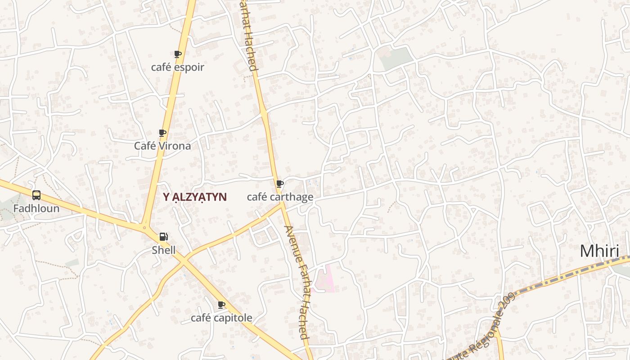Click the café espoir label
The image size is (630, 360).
click(x=177, y=67)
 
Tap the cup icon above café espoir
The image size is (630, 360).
click(x=177, y=54)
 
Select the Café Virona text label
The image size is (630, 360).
click(x=162, y=146)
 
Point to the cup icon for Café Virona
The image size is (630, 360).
click(x=162, y=133)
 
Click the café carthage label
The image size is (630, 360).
click(x=280, y=197)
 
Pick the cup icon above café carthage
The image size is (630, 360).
click(x=279, y=184)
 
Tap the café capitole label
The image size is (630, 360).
click(x=221, y=318)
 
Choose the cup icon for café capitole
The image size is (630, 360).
click(x=221, y=305)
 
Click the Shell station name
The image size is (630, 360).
click(x=163, y=250)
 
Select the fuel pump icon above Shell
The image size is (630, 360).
click(x=163, y=237)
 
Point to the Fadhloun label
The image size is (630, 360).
click(x=36, y=209)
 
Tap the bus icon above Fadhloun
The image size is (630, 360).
click(x=36, y=195)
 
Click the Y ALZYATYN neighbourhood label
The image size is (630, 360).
click(x=194, y=197)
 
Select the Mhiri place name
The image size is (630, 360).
click(x=599, y=251)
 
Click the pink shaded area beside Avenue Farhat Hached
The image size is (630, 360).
click(x=325, y=279)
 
